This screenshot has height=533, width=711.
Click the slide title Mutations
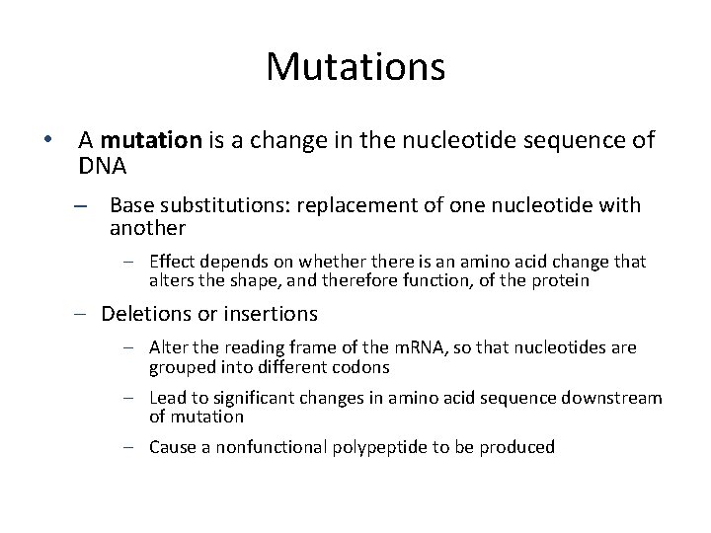[355, 67]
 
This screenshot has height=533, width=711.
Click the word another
[147, 228]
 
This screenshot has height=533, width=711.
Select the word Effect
[171, 262]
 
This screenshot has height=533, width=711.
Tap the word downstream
[618, 397]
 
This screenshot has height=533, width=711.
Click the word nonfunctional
[259, 447]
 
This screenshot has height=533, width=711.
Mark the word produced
[518, 447]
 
